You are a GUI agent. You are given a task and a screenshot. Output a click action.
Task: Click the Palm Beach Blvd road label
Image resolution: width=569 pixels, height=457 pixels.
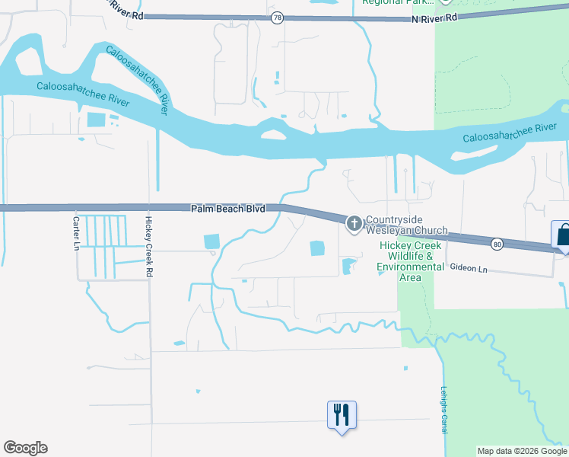pyautogui.click(x=227, y=208)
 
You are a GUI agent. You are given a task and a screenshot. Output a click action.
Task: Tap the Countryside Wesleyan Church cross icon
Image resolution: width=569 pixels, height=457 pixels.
pyautogui.click(x=354, y=223)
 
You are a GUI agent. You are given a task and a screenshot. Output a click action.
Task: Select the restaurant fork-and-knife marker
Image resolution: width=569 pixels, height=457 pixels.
pyautogui.click(x=342, y=415)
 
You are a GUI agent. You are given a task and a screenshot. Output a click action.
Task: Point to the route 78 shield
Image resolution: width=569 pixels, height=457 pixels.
pyautogui.click(x=279, y=17)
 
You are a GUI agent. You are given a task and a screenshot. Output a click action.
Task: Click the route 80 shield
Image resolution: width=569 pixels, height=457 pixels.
pyautogui.click(x=497, y=244)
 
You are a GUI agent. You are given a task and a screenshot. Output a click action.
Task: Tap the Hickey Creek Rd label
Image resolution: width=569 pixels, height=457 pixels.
pyautogui.click(x=149, y=236)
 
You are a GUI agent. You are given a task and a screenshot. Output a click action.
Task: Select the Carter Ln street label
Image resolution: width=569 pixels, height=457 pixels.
pyautogui.click(x=76, y=233)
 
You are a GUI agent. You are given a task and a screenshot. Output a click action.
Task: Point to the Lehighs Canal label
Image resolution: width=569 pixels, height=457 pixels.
pyautogui.click(x=443, y=411)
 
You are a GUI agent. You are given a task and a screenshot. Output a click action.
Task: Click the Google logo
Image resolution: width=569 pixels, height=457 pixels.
pyautogui.click(x=25, y=448)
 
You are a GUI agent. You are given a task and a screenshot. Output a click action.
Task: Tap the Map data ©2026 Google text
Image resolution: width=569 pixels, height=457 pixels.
pyautogui.click(x=521, y=451)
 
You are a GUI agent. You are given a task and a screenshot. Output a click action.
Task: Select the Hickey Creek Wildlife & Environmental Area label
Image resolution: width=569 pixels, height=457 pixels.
pyautogui.click(x=411, y=261)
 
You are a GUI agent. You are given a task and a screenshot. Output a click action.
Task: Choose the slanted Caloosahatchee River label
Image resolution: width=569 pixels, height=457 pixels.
pyautogui.click(x=136, y=80)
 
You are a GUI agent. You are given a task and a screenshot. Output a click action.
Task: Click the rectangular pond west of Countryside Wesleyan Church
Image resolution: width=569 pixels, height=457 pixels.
pyautogui.click(x=316, y=248)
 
